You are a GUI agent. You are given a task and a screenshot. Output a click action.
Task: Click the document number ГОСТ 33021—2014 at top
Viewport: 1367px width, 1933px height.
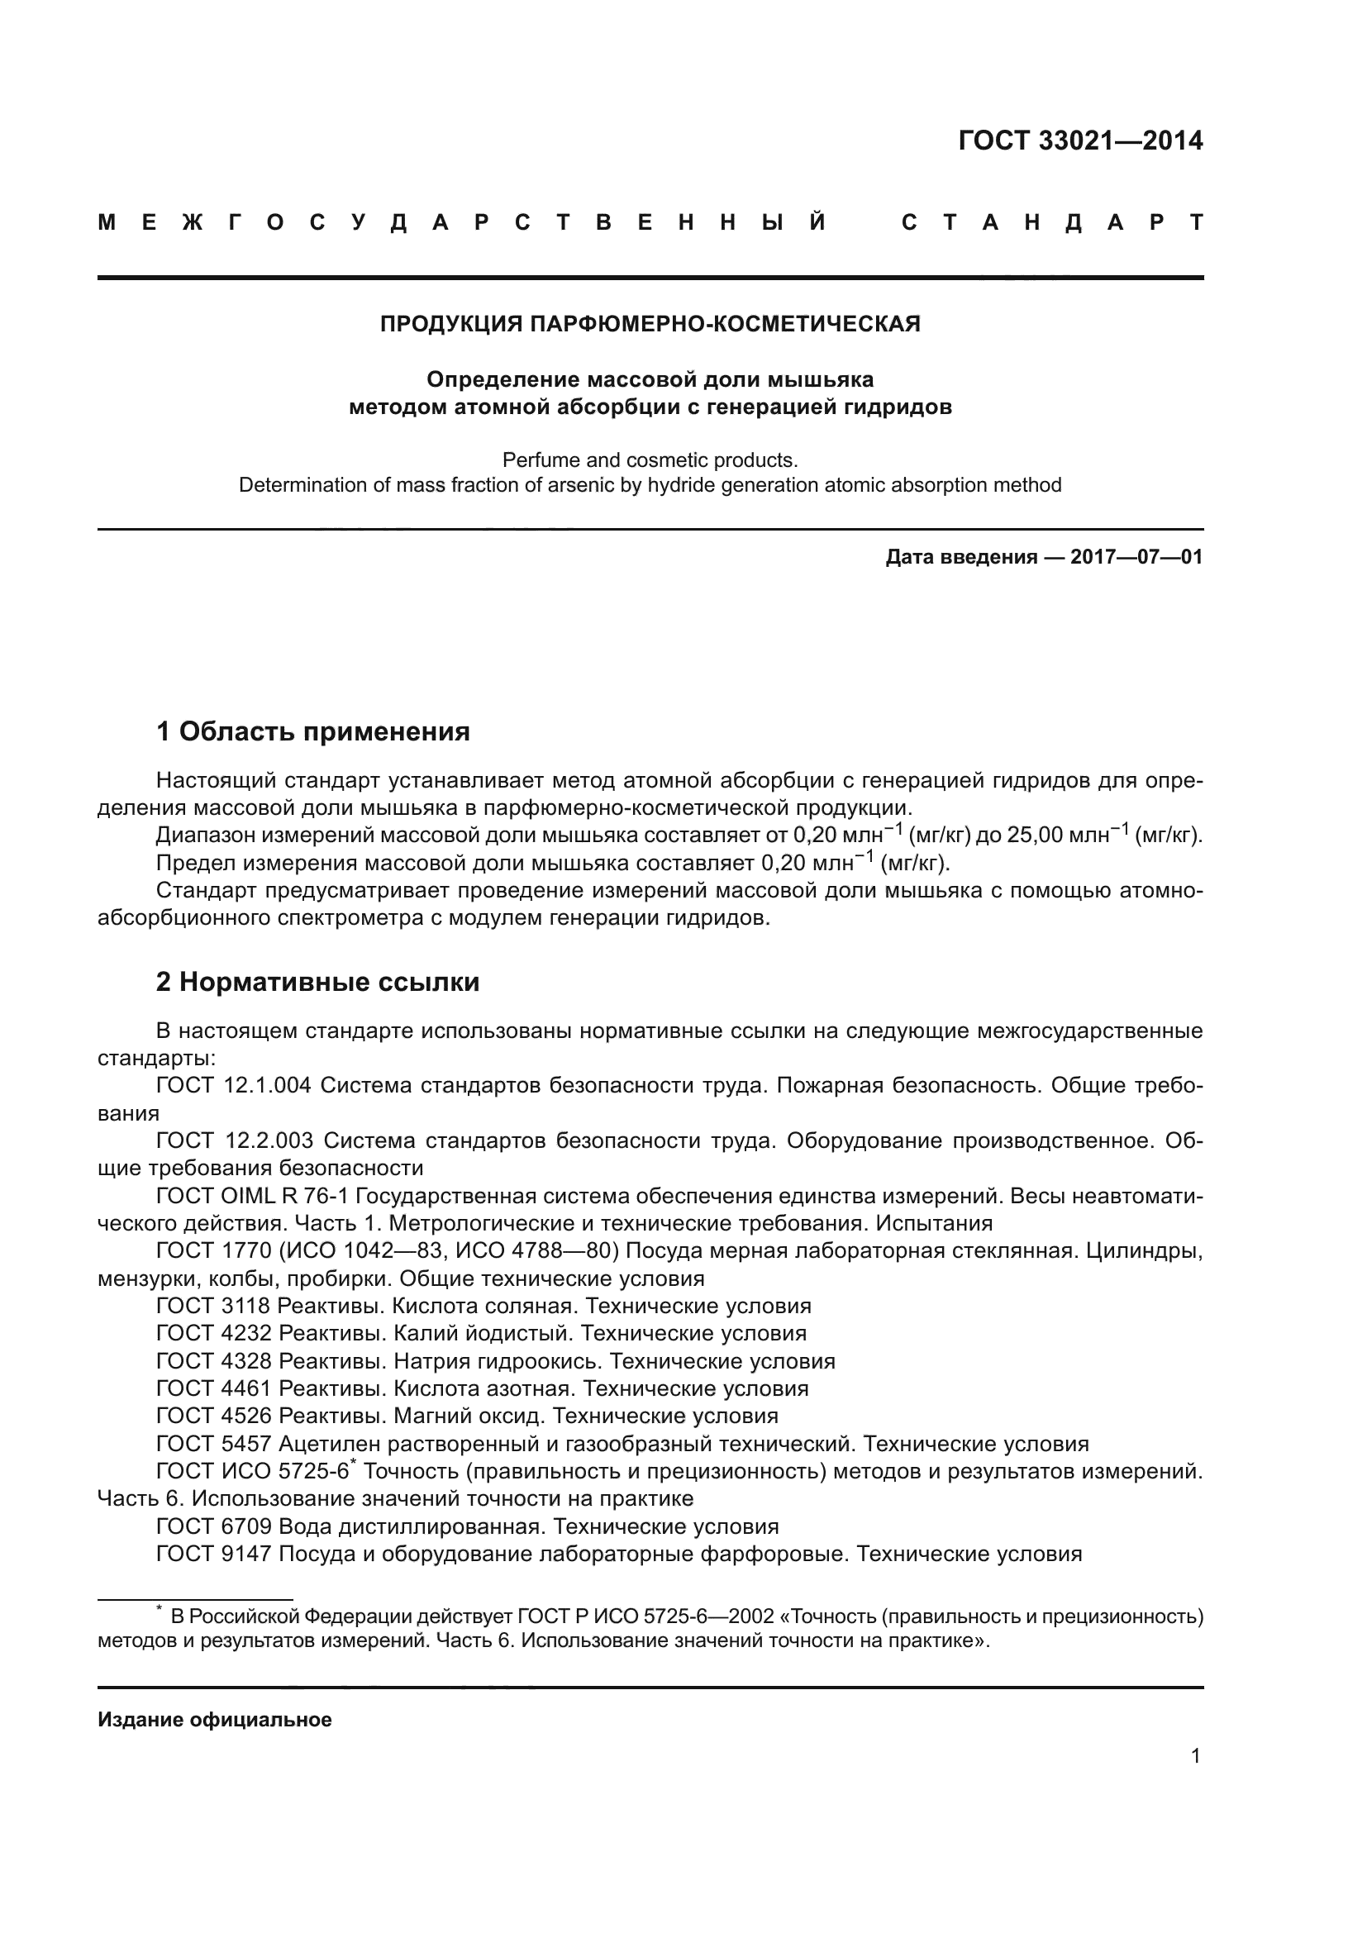[x=1080, y=140]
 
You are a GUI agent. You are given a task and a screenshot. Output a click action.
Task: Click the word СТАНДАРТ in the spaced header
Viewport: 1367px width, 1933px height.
[x=1051, y=223]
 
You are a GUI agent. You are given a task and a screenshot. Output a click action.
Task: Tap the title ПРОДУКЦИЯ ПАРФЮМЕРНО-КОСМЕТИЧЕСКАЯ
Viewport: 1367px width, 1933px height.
[x=650, y=324]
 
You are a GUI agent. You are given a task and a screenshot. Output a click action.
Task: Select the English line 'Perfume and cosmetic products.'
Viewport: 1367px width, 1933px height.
[x=650, y=460]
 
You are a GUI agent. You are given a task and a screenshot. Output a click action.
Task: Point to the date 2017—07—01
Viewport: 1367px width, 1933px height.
[x=1136, y=557]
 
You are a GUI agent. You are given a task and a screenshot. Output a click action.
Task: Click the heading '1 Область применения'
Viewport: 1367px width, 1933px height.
[x=312, y=731]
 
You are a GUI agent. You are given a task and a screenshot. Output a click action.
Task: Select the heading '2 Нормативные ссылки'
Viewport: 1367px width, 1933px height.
[x=317, y=983]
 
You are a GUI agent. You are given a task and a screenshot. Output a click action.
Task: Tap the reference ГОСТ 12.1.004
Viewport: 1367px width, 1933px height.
[x=233, y=1086]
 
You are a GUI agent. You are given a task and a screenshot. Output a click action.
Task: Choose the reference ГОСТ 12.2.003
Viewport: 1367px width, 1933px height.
[x=234, y=1140]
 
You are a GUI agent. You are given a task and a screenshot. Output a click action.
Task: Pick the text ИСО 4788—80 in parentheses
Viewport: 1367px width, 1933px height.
[x=537, y=1251]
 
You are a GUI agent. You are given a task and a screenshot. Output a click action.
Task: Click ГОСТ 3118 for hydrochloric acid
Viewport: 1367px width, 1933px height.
[x=213, y=1307]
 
